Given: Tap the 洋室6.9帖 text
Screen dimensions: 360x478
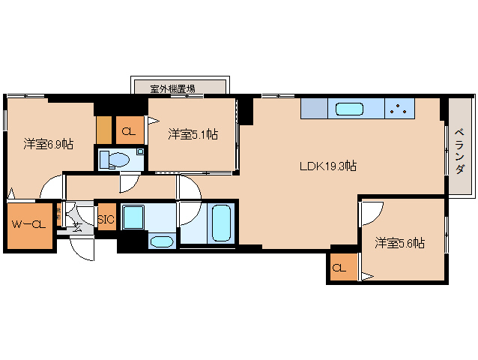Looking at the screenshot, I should click(48, 143).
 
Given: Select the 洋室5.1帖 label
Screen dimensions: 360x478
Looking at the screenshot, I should click(193, 134).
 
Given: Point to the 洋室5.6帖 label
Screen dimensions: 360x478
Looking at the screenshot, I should click(400, 242).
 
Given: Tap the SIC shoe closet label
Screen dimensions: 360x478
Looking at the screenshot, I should click(105, 218).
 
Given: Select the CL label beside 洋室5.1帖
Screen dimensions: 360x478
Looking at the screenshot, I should click(128, 131).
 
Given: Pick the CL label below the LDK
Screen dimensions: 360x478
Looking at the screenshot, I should click(339, 268).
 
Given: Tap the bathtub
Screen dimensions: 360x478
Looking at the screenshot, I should click(221, 223).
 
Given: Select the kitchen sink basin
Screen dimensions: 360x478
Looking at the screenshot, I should click(349, 109).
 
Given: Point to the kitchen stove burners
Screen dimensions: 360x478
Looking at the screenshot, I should click(401, 109).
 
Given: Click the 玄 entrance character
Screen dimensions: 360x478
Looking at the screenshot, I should click(77, 226).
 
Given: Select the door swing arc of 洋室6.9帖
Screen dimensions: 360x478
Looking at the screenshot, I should click(51, 187).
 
